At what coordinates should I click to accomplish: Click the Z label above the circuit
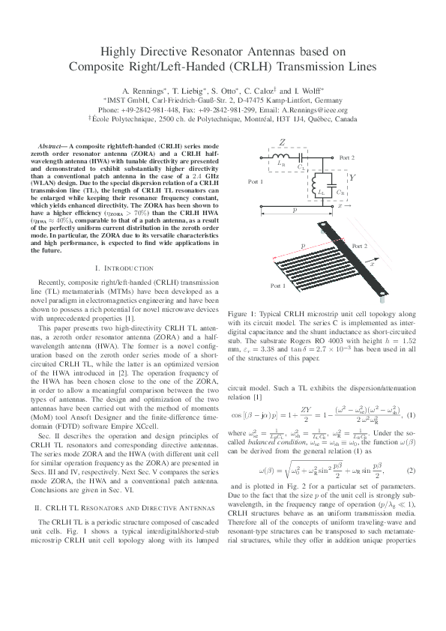[x=282, y=142]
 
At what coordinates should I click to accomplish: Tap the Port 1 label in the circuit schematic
[x=257, y=182]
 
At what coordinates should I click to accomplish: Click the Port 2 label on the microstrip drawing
[x=360, y=246]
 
